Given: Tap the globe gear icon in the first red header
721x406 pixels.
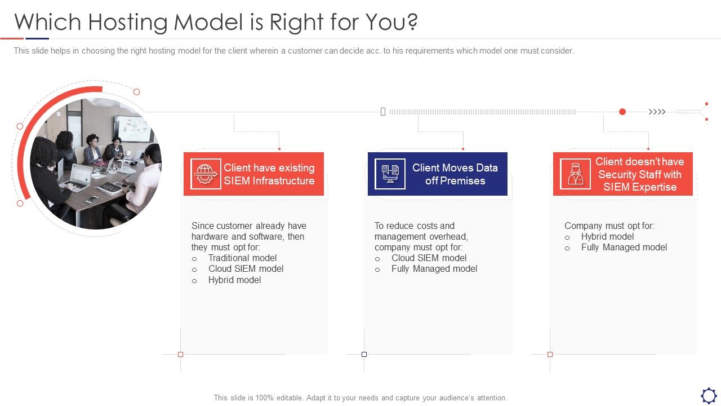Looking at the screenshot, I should (206, 174).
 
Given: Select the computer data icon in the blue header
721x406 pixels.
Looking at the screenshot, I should (390, 174).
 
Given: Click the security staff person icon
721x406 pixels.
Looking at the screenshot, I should (575, 174).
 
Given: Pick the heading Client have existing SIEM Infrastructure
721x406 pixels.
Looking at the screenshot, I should (269, 174).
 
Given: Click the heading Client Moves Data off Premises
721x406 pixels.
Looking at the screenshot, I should (455, 174).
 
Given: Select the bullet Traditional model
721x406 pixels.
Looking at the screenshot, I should (242, 258).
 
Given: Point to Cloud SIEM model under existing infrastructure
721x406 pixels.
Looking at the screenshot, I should (246, 268).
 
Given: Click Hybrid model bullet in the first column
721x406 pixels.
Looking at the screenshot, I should (234, 280).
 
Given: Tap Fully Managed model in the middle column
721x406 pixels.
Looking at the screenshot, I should (434, 268).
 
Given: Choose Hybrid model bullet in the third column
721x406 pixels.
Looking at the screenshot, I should (607, 236).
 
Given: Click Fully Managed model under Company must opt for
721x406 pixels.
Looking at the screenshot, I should (624, 247).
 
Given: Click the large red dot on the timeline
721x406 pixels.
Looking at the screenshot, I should (622, 112).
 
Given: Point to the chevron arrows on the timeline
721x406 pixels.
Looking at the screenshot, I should (657, 112).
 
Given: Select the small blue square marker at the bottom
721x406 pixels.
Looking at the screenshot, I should (364, 354).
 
